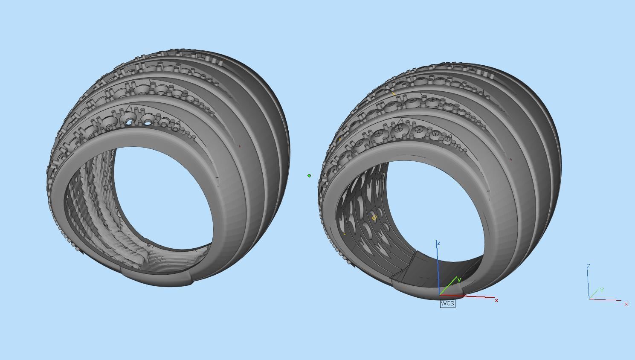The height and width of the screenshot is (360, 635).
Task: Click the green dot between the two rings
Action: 309,175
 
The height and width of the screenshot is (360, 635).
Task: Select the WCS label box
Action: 447,303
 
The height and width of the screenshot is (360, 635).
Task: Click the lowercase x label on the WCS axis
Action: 496,301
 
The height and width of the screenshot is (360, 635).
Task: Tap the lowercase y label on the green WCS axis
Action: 459,280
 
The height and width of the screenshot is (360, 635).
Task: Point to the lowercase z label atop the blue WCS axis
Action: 438,243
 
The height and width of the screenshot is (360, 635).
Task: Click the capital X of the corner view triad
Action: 626,304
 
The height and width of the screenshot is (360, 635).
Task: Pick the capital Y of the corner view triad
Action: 602,290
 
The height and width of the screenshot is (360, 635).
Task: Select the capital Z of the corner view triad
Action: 588,266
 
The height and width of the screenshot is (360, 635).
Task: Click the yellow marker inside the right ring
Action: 374,218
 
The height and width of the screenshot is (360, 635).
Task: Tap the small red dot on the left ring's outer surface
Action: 239,146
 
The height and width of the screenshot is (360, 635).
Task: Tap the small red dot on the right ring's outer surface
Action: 510,160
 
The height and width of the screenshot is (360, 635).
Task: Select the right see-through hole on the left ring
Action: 148,123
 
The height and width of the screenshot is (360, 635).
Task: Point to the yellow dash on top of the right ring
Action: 393,93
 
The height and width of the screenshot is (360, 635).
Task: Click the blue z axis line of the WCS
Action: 438,269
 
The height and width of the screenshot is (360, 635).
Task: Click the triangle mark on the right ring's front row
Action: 400,121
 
